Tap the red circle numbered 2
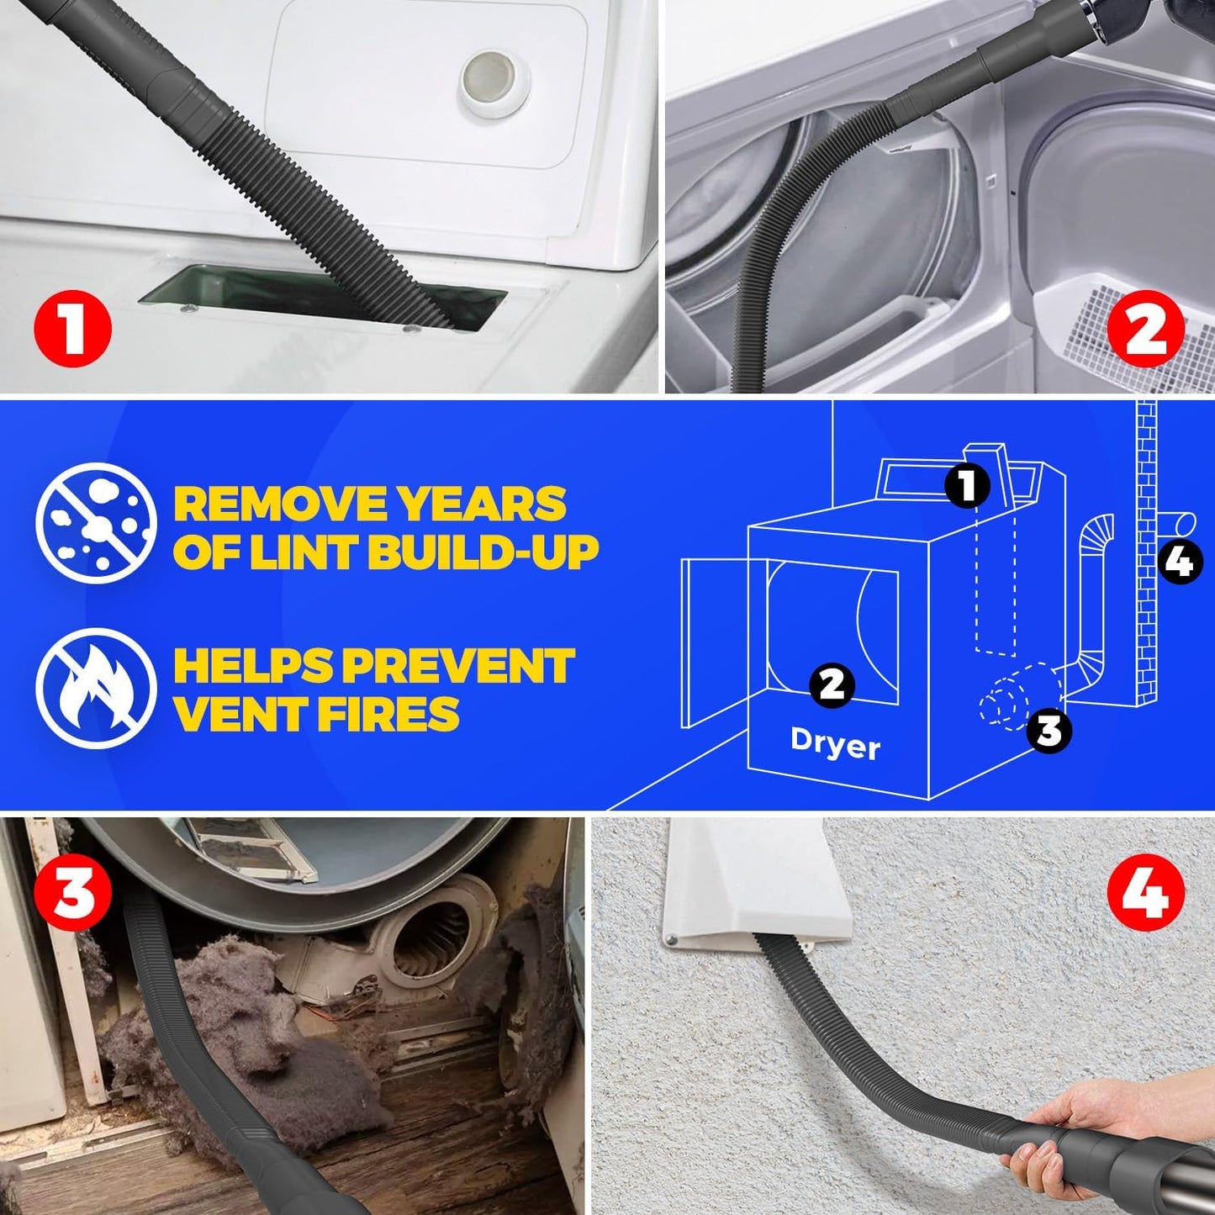click(1145, 329)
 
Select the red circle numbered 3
click(72, 893)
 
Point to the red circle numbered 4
click(1145, 893)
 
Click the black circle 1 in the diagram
click(968, 485)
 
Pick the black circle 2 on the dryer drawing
click(832, 684)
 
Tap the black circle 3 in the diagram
click(1049, 730)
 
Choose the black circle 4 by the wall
click(1181, 561)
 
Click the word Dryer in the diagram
click(835, 744)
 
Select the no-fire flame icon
click(96, 689)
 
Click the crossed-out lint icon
click(96, 523)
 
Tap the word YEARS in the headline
click(482, 504)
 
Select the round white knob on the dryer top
click(487, 80)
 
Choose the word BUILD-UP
click(483, 552)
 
